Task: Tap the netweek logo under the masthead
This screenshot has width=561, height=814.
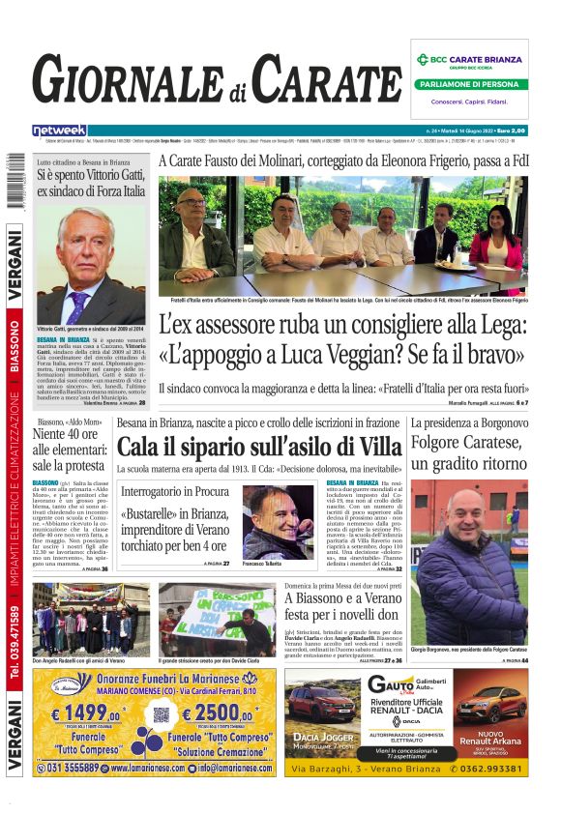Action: click(60, 130)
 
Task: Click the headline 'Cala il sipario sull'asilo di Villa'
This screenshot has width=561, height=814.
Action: click(259, 447)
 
